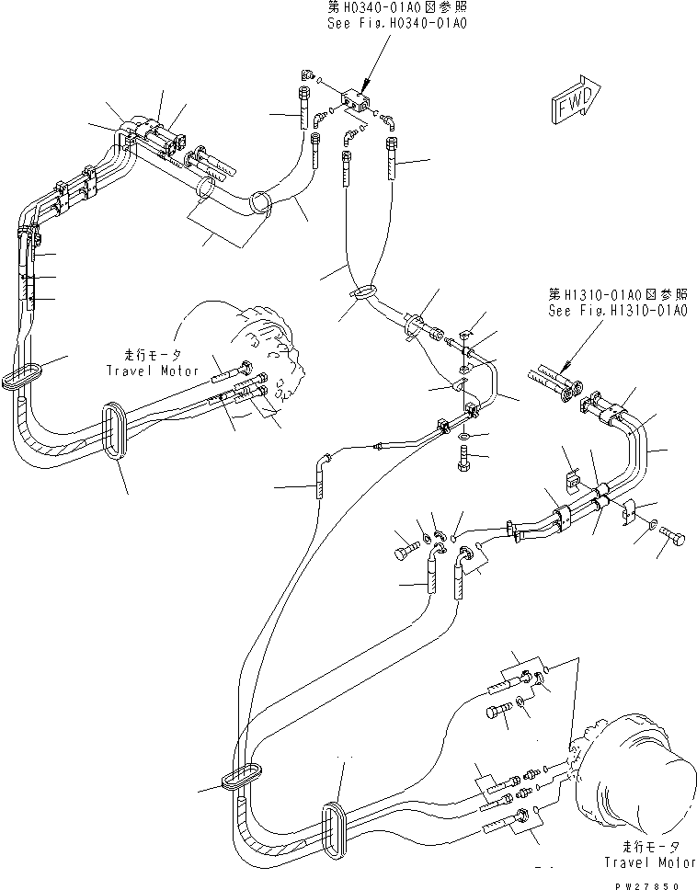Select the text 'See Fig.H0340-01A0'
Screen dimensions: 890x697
(397, 23)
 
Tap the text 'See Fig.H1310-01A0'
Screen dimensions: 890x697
(618, 310)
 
